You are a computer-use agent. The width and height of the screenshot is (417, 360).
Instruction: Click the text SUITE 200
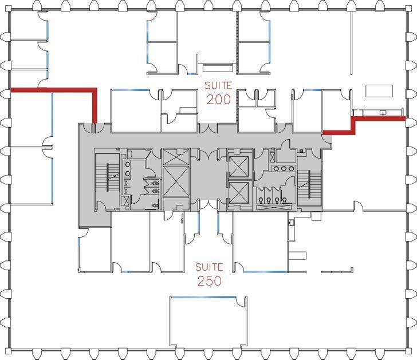tap(219, 92)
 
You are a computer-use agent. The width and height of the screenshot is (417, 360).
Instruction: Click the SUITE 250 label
tap(209, 274)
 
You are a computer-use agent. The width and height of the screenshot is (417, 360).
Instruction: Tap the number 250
tap(209, 281)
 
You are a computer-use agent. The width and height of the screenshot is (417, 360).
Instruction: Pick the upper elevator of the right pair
tap(238, 165)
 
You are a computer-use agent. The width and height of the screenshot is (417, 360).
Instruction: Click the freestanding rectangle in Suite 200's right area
tap(379, 91)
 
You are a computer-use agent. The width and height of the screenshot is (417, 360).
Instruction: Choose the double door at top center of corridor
tap(208, 127)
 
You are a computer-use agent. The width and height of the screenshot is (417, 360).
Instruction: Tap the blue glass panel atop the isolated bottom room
tap(203, 296)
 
